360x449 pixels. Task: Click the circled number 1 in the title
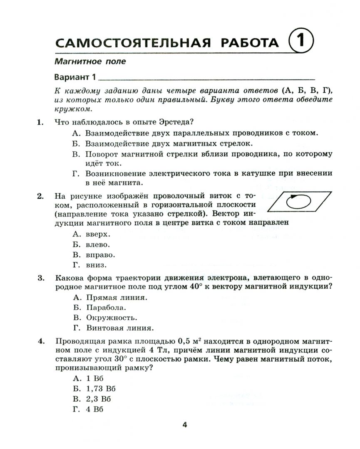click(300, 42)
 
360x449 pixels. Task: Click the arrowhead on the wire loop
click(294, 196)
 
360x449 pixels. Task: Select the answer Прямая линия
click(117, 298)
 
